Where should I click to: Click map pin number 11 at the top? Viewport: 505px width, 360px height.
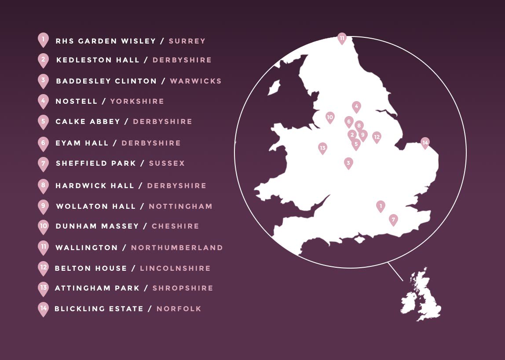[342, 38]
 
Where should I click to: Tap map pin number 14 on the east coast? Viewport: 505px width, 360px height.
[425, 142]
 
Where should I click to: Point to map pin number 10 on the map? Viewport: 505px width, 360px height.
[330, 117]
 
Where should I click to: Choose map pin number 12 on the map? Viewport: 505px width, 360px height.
[377, 137]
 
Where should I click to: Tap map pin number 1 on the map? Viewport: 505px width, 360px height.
[381, 205]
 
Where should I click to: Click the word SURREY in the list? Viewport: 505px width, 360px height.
[187, 41]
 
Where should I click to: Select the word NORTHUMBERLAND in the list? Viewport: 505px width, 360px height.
[177, 248]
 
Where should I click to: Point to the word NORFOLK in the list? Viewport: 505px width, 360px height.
[179, 309]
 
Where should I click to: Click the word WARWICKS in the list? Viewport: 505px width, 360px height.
[196, 81]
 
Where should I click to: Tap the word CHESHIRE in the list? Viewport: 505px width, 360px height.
[175, 226]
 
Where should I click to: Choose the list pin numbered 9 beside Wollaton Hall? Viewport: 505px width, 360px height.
[43, 206]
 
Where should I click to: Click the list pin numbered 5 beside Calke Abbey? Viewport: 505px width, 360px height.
[43, 121]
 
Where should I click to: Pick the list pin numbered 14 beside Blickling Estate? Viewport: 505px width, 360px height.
[43, 309]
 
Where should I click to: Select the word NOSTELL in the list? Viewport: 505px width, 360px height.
[76, 102]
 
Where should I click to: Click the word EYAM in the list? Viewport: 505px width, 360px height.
[67, 143]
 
